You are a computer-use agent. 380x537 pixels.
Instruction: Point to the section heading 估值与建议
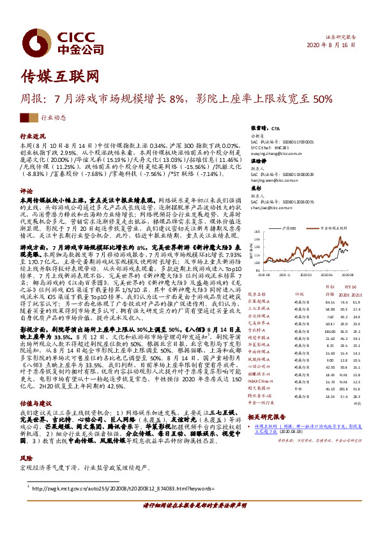click(x=36, y=403)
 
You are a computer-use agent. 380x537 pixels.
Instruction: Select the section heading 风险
click(x=26, y=458)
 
